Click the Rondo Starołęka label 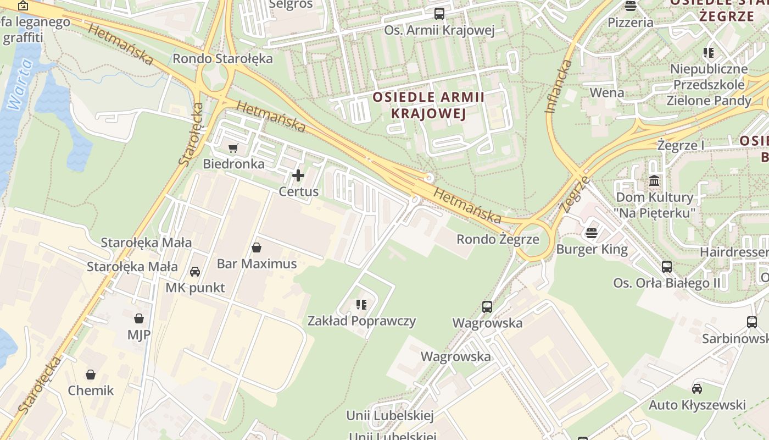pos(222,59)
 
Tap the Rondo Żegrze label pos(498,240)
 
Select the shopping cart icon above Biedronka pos(233,148)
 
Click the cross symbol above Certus pos(298,175)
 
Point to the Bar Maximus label pos(257,264)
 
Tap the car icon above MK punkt pos(195,272)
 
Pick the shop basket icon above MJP pos(139,318)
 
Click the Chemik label pos(91,391)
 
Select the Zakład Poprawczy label pos(361,321)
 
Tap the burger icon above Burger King pos(592,233)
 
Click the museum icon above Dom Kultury pos(654,180)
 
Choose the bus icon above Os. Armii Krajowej pos(439,14)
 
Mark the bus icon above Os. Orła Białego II pos(667,267)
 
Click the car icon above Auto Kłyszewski pos(697,389)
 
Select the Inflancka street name pos(559,86)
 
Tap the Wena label pos(607,92)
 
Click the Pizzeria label pos(630,23)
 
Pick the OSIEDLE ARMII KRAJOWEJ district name pos(428,106)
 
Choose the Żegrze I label pos(681,146)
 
